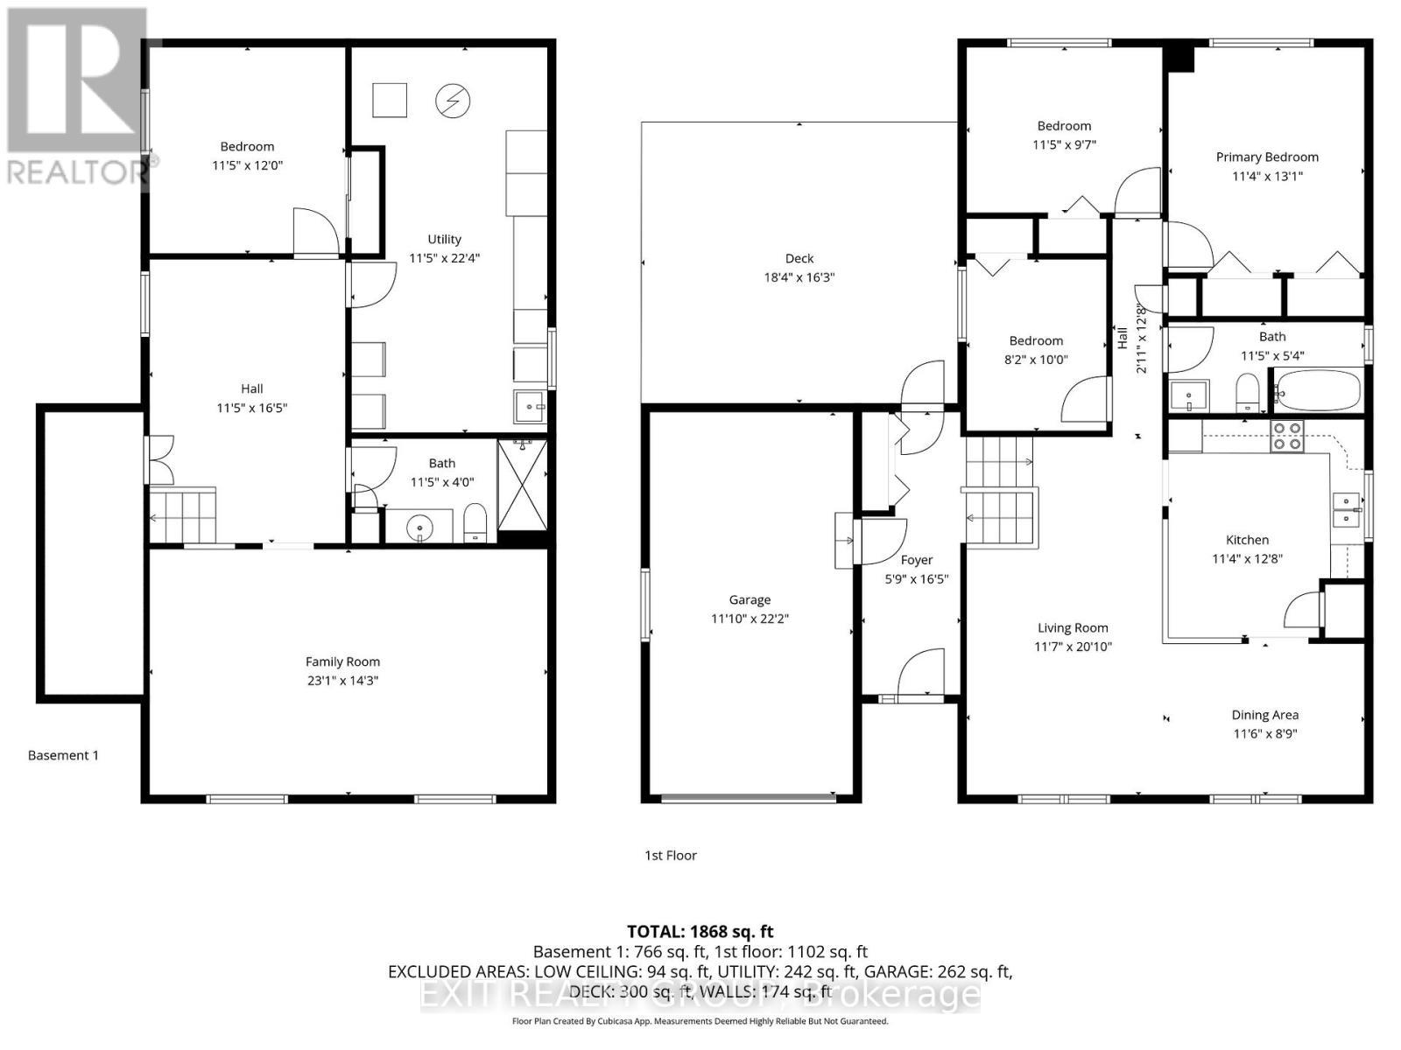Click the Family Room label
(x=342, y=661)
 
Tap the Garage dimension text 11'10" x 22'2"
(x=750, y=619)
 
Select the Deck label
(x=799, y=258)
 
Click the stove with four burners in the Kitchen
(x=1286, y=436)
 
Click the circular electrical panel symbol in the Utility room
(x=453, y=101)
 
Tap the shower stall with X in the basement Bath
(x=522, y=485)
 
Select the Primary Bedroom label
(x=1266, y=157)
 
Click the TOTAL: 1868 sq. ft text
(x=700, y=932)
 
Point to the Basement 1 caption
(x=63, y=755)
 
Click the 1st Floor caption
(x=671, y=855)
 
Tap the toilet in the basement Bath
(x=475, y=522)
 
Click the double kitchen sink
(x=1346, y=510)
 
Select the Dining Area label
(x=1264, y=715)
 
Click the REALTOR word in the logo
(x=77, y=171)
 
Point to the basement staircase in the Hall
(x=183, y=516)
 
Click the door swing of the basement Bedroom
(x=313, y=231)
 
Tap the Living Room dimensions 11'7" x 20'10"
(x=1073, y=647)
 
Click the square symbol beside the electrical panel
(x=390, y=100)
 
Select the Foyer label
(x=916, y=560)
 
